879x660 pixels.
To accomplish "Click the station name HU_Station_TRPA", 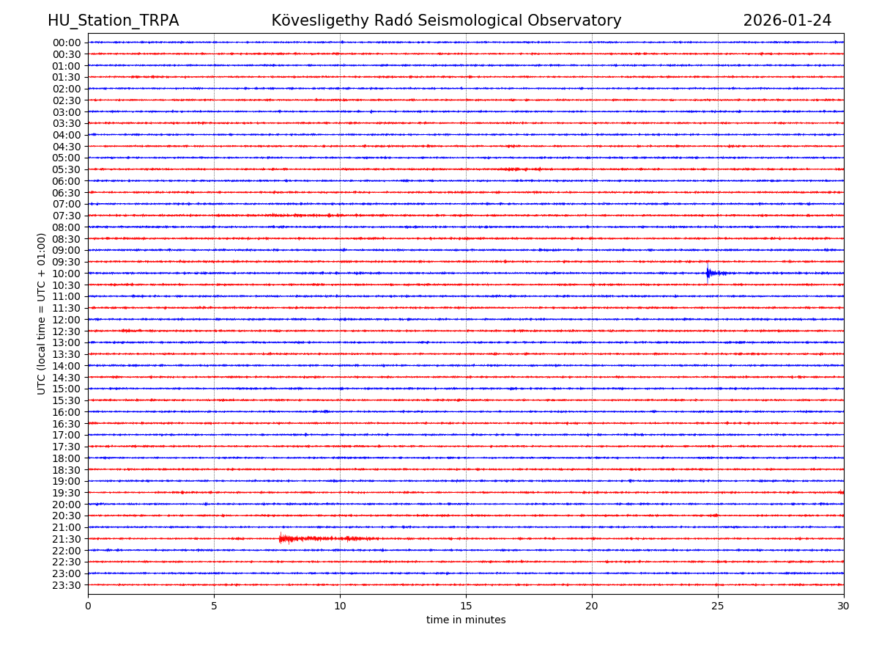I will (113, 21).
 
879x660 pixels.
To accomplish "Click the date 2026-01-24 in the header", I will (787, 21).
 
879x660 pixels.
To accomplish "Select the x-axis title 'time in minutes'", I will (466, 620).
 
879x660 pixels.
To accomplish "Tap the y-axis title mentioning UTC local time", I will (42, 313).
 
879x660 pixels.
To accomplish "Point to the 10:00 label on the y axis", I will (67, 274).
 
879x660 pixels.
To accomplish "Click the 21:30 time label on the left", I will (67, 539).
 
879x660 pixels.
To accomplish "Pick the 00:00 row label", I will (67, 43).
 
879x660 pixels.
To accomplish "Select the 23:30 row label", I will (67, 585).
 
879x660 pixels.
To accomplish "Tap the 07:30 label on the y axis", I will (67, 216).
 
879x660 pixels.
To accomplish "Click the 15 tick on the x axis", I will (466, 606).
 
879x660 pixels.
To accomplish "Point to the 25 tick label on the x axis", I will (718, 606).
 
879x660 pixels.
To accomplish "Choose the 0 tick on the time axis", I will (88, 606).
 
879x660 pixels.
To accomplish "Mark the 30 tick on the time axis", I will (844, 606).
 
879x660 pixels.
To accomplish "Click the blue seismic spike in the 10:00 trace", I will (708, 273).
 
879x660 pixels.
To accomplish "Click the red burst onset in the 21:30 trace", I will (281, 539).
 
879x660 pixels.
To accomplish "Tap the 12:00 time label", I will (67, 320).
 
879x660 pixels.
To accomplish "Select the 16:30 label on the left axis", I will (67, 424).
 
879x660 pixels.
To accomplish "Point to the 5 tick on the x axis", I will (214, 606).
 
